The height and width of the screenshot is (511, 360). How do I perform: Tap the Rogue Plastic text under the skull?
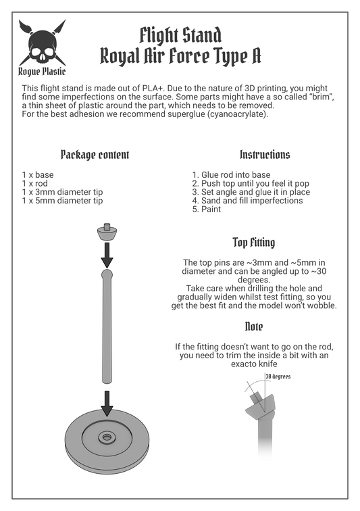point(42,72)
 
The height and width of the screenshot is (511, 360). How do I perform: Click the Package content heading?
point(95,155)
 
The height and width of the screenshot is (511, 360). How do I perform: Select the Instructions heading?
point(265,155)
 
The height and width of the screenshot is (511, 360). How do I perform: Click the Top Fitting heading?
point(254,243)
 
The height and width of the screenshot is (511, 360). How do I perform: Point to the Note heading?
point(254,326)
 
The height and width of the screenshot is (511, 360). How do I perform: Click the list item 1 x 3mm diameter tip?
point(62,192)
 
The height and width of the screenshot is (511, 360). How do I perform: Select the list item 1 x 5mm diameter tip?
point(62,201)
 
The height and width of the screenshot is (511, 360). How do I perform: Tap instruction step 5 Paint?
point(207,210)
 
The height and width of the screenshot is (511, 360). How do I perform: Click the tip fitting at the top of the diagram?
point(107,232)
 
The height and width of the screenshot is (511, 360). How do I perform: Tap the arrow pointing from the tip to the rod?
point(107,255)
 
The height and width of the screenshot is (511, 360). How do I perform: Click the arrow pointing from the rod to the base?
point(107,404)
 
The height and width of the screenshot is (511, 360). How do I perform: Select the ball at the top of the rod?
point(107,274)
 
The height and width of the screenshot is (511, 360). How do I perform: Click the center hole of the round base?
point(107,437)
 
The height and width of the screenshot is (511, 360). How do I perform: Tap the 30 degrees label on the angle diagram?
point(278,376)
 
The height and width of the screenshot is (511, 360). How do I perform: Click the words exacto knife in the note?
point(254,364)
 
